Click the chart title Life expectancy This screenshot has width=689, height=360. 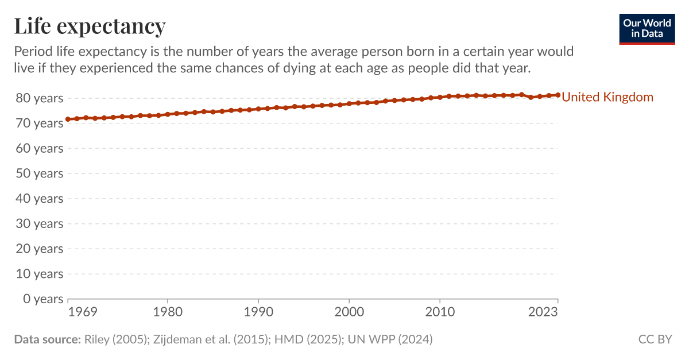(90, 26)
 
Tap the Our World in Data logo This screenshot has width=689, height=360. (647, 28)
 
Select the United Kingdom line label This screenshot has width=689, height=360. (607, 97)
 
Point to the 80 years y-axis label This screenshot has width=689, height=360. (40, 98)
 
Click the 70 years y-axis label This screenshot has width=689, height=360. (40, 123)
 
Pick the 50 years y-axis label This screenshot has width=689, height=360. (40, 173)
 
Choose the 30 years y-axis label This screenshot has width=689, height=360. (40, 223)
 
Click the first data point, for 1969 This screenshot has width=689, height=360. (68, 119)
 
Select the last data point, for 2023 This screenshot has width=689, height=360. (558, 95)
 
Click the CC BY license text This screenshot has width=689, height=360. (655, 339)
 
